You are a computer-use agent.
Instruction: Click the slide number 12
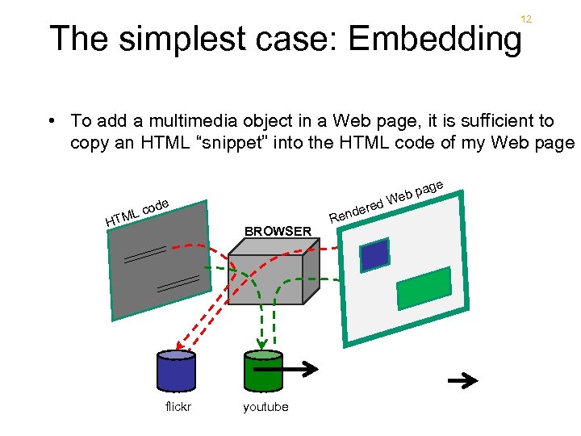525,19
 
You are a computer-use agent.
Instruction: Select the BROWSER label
278,231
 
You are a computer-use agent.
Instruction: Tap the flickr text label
178,407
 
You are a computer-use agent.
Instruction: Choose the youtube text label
265,407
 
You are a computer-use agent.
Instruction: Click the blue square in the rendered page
374,254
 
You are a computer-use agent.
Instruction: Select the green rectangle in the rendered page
423,287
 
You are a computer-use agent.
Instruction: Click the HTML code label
136,212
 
